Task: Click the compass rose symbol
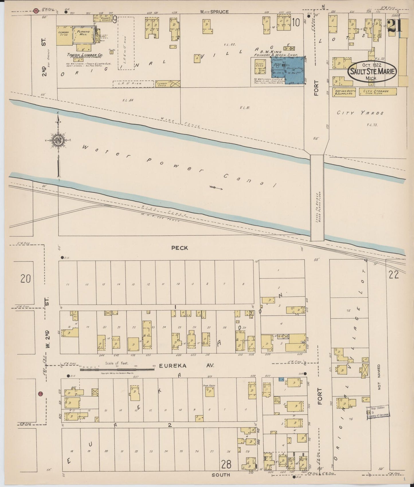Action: (58, 140)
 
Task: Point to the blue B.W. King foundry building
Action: (288, 70)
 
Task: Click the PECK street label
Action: (180, 248)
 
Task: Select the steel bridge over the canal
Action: (317, 198)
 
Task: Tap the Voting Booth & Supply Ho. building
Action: (344, 92)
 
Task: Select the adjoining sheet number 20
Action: (25, 278)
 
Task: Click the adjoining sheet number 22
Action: (394, 275)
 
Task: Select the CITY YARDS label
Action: (360, 113)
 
